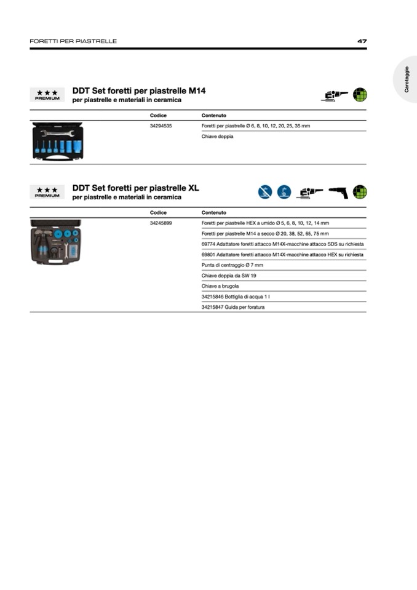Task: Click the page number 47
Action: tap(362, 41)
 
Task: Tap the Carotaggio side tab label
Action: tap(407, 79)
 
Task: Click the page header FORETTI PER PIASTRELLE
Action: tap(73, 41)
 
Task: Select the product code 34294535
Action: tap(161, 126)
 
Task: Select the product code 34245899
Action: tap(161, 223)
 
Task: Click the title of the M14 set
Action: tap(139, 90)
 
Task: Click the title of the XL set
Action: tap(136, 188)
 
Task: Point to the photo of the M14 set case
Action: tap(57, 142)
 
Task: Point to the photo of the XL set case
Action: tap(56, 241)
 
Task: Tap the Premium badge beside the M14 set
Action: tap(47, 95)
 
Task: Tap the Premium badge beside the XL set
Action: tap(47, 192)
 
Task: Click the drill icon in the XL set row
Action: tap(338, 192)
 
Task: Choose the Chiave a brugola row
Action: tap(220, 286)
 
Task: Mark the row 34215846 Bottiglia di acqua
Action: tap(236, 297)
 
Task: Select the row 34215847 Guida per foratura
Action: tap(233, 307)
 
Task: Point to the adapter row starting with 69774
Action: tap(282, 244)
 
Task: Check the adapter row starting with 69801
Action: tap(282, 254)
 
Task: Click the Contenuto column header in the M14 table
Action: tap(214, 115)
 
